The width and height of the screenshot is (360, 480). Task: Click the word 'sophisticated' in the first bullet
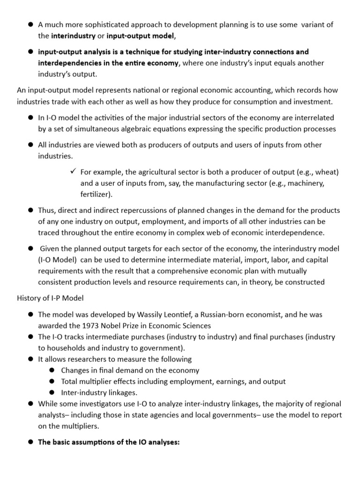pos(104,24)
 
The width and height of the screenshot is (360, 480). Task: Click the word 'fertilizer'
pos(95,194)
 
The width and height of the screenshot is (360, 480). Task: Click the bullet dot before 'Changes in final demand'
pos(52,370)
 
